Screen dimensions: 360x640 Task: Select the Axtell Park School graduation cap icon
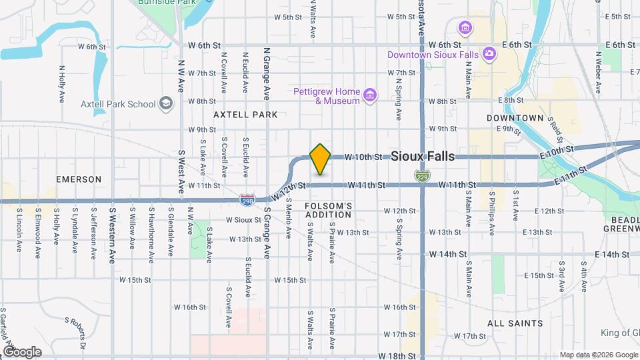pyautogui.click(x=165, y=104)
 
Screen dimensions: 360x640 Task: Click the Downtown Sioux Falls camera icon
pyautogui.click(x=489, y=53)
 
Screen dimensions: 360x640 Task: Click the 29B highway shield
pyautogui.click(x=246, y=199)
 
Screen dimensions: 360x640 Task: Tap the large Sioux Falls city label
pyautogui.click(x=423, y=157)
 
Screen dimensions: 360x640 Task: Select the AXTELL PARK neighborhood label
pyautogui.click(x=245, y=115)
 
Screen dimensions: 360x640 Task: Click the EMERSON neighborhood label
pyautogui.click(x=79, y=179)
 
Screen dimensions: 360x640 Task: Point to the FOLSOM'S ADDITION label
pyautogui.click(x=328, y=210)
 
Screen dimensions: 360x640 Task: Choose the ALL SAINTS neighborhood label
pyautogui.click(x=515, y=323)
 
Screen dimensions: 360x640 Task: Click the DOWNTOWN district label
pyautogui.click(x=515, y=118)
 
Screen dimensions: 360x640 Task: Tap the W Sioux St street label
pyautogui.click(x=243, y=219)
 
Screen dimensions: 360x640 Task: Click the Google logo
pyautogui.click(x=21, y=352)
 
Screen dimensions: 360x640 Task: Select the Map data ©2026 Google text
pyautogui.click(x=597, y=355)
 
